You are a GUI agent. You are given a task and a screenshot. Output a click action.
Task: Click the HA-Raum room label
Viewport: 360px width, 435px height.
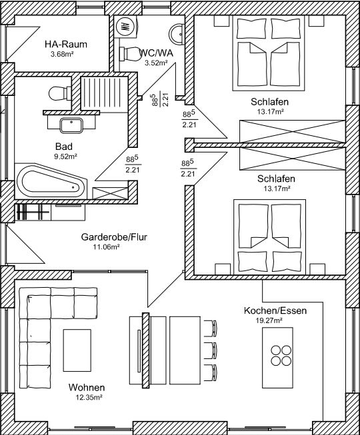point(66,44)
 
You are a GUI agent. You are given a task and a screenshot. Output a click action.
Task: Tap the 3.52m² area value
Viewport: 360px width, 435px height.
point(156,63)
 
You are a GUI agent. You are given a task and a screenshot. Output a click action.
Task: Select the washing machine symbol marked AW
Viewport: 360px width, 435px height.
point(126,26)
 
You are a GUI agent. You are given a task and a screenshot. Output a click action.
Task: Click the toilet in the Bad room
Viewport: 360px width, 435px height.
point(60,93)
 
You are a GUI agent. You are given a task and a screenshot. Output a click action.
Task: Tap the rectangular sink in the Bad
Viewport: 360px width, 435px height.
point(71,125)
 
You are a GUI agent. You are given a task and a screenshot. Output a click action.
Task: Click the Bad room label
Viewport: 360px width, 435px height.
point(64,147)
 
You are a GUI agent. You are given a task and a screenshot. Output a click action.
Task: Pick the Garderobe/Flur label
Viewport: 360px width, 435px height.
point(114,237)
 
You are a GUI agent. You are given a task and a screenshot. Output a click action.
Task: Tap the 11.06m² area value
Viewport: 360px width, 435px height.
point(107,246)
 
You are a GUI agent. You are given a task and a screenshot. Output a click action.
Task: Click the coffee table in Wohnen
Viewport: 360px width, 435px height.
point(77,350)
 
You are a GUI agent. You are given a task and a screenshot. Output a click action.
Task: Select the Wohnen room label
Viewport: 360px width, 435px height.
point(87,387)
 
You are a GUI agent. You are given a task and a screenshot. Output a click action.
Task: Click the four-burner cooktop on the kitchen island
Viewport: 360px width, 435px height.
point(281,355)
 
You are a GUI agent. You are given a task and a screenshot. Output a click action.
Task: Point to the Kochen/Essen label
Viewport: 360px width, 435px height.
point(275,310)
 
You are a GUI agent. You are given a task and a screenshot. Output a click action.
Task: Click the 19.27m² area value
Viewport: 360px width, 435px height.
point(269,320)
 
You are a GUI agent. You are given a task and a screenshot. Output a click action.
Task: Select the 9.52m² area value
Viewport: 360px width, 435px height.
point(65,156)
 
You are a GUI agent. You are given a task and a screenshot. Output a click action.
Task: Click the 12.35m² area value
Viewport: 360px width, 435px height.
point(89,397)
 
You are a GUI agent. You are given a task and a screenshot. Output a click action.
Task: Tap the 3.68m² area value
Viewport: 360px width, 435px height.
point(62,54)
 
